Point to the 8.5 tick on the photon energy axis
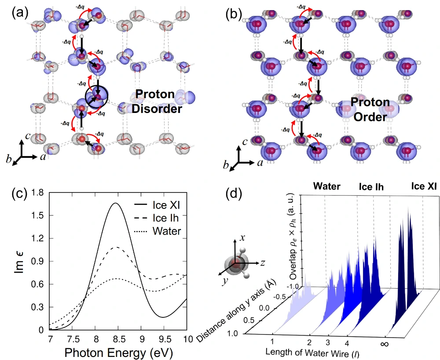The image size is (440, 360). (x=117, y=338)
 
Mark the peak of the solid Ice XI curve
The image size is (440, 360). (x=116, y=203)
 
